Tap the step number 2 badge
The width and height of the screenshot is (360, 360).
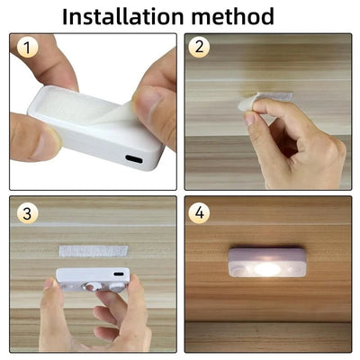[200, 48]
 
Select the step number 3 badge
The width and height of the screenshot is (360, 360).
[28, 213]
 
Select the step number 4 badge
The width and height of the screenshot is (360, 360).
[200, 214]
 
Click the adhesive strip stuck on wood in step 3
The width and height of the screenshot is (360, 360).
[85, 248]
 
